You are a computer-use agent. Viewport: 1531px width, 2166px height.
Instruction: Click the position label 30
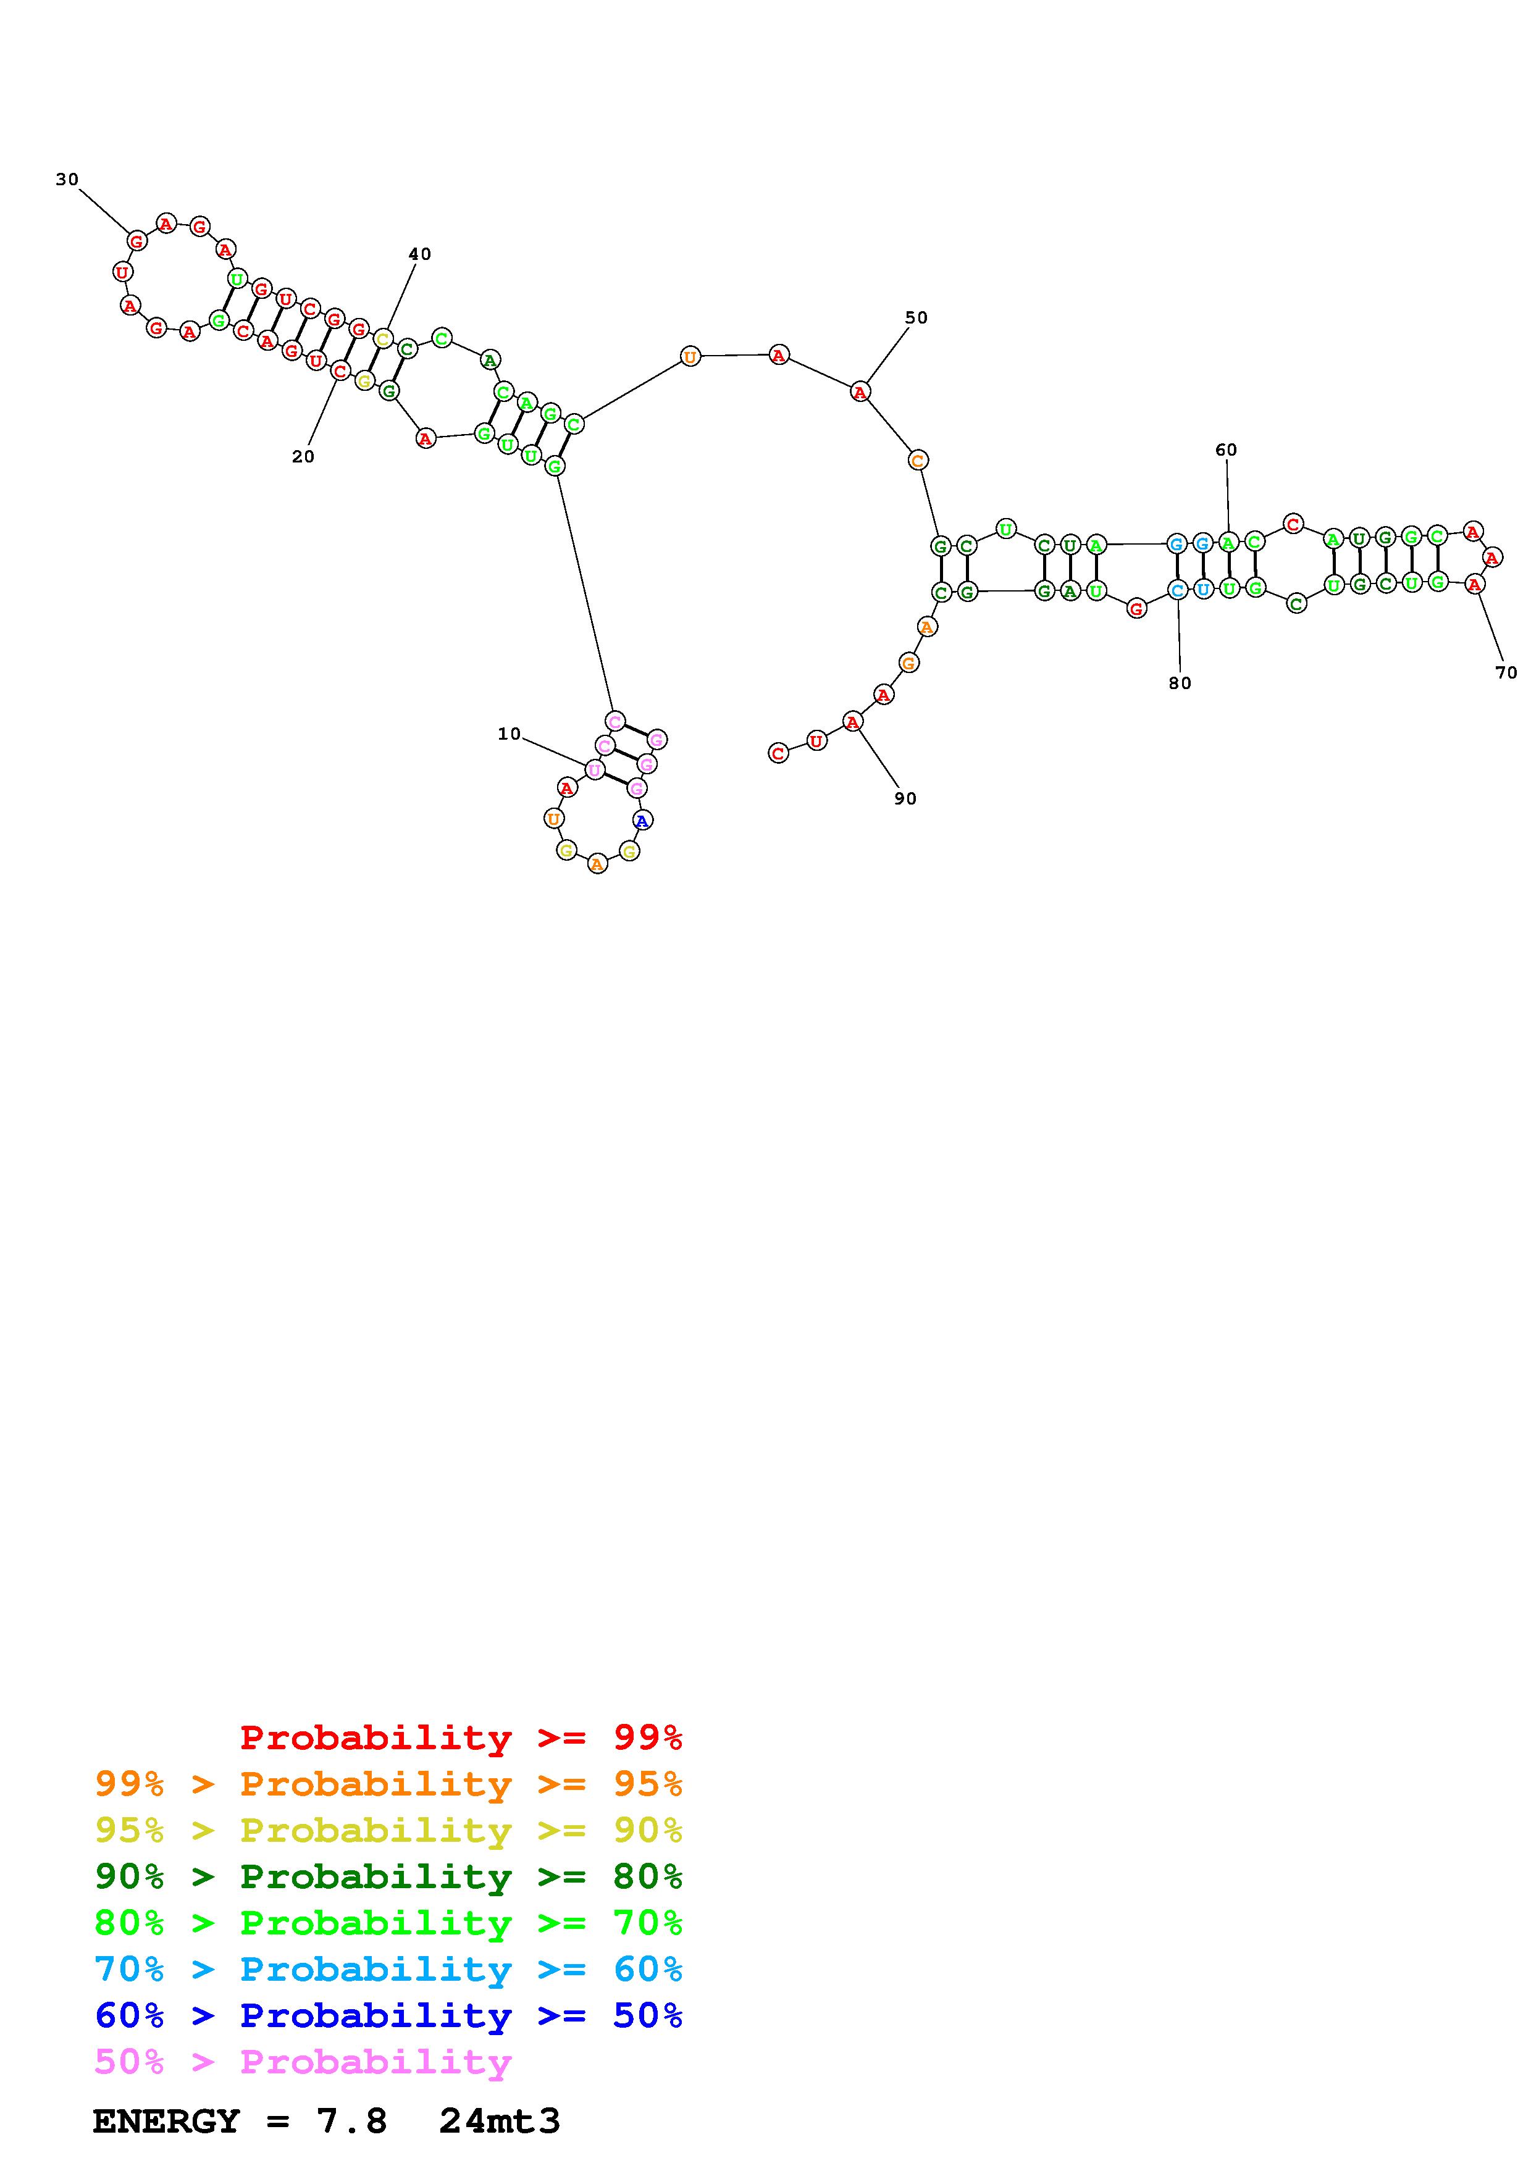tap(67, 179)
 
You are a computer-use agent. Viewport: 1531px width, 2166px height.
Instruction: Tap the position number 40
tap(420, 254)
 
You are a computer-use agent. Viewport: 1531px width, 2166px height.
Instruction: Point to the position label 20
tap(303, 456)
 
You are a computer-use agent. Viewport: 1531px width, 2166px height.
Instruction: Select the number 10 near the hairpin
tap(510, 734)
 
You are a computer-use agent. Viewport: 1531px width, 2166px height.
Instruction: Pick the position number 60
tap(1227, 450)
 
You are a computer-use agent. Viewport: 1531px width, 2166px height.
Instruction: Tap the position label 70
tap(1506, 672)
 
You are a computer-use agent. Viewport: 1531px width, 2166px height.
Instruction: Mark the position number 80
tap(1180, 683)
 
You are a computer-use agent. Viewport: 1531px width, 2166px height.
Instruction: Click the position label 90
tap(905, 798)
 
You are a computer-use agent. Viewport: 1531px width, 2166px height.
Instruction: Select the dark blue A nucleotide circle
tap(642, 821)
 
